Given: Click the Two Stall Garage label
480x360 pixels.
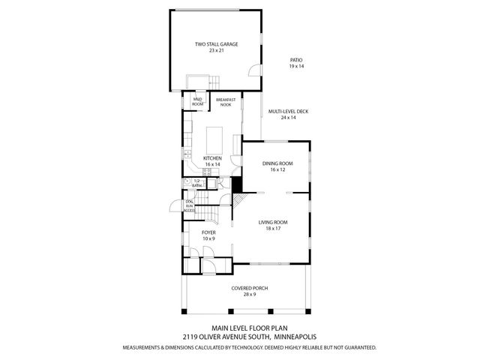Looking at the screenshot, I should coord(216,44).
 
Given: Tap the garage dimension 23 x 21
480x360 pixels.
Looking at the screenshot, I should coord(216,51).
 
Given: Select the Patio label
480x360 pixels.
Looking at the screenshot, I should coord(296,60).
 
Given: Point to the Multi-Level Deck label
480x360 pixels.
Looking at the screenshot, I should coord(294,112).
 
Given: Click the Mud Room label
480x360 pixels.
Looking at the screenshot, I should coord(198,101).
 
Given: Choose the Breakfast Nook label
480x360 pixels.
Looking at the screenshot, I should coord(225,103).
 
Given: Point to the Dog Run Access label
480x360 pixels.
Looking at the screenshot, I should coord(190,206).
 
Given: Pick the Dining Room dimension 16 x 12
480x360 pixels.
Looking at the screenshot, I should coord(277,170).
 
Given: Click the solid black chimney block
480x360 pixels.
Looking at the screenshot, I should coord(237,184).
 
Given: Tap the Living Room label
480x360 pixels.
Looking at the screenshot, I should coord(274,222).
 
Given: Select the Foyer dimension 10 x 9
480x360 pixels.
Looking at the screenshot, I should coord(209,239).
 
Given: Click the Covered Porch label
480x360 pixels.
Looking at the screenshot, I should coord(249,288).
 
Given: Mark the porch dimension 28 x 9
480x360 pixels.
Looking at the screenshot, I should coord(249,295).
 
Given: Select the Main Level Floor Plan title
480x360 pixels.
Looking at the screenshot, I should coord(249,328).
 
